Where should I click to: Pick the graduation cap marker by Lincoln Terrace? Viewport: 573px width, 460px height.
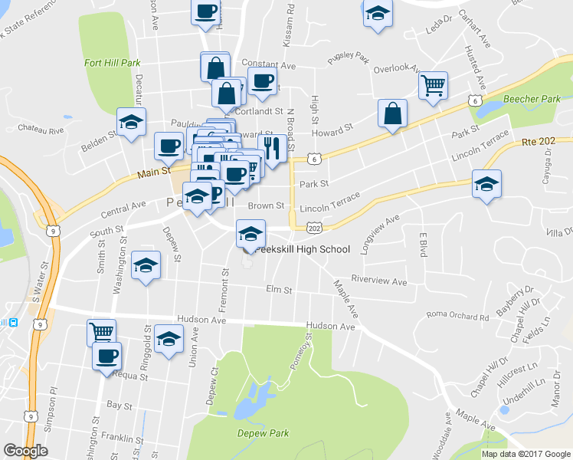point(486,185)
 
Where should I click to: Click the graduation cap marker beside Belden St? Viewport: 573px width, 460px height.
point(131,122)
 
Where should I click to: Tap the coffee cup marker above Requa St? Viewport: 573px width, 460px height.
point(106,356)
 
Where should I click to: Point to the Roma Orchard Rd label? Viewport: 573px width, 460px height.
point(457,316)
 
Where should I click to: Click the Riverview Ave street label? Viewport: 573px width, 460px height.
point(378,281)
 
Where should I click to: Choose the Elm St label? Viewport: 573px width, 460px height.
point(279,291)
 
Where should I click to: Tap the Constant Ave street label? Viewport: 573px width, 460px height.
point(268,66)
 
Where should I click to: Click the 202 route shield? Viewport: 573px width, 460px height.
point(313,228)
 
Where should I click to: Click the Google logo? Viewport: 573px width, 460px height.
point(25,450)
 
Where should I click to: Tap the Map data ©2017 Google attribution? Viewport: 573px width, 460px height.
point(526,454)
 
